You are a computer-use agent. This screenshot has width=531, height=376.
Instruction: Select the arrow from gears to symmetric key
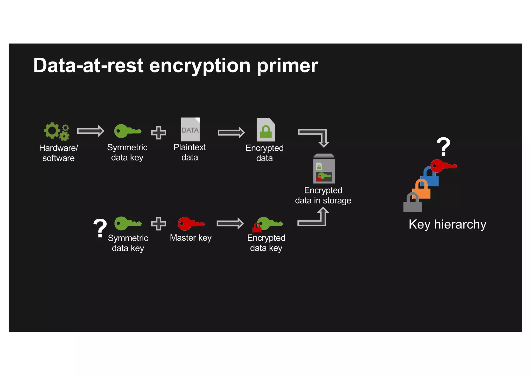(90, 131)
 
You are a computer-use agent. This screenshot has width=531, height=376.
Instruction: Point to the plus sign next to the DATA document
(158, 133)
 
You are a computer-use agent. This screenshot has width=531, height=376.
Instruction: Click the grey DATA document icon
(190, 129)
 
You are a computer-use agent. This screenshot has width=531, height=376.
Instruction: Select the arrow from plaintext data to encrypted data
(231, 133)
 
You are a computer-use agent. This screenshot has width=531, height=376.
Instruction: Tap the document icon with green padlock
(265, 130)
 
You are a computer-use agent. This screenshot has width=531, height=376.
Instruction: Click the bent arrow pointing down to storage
(316, 137)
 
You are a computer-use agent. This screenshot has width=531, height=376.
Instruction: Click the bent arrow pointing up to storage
(315, 218)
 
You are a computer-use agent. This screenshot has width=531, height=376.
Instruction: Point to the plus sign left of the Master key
(158, 224)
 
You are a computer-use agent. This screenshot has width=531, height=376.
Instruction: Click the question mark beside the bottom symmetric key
(100, 228)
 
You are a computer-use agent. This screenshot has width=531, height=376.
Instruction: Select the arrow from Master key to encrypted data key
(230, 224)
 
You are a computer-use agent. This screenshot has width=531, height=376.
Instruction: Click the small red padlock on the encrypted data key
(257, 228)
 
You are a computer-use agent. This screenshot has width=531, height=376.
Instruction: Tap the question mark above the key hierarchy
(443, 147)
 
